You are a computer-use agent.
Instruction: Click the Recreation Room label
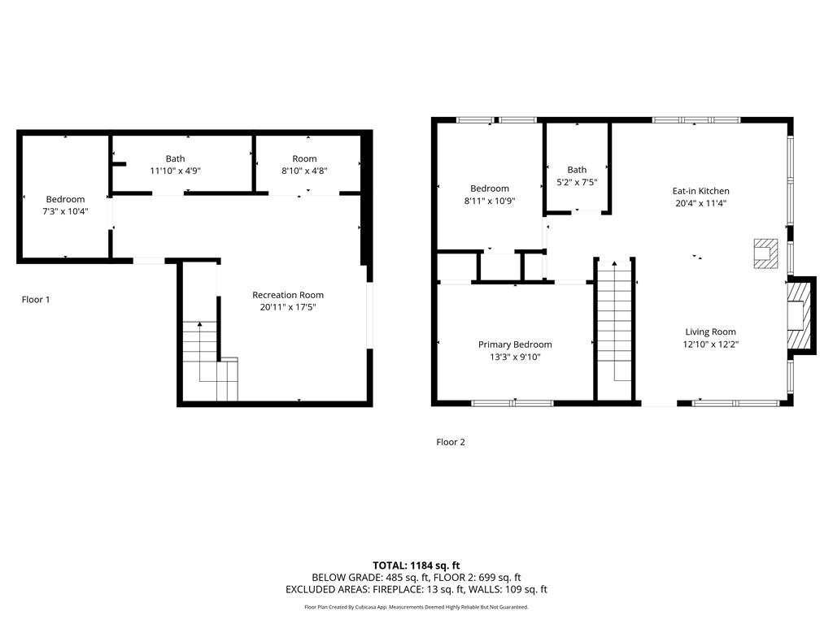(x=288, y=295)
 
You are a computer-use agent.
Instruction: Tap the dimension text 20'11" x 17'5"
(x=288, y=307)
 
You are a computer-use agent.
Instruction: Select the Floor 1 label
(x=36, y=300)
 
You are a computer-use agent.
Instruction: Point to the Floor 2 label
(x=451, y=442)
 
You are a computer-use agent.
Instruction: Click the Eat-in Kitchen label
(x=700, y=191)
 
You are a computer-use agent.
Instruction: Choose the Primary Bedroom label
(x=515, y=344)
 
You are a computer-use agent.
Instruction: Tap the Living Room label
(x=710, y=332)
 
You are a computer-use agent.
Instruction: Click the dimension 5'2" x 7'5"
(x=577, y=183)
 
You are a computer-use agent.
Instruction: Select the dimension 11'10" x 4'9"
(x=176, y=171)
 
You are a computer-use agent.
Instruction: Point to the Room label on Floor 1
(x=304, y=158)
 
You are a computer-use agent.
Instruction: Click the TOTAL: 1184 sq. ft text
(x=416, y=565)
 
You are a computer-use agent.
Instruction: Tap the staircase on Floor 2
(x=615, y=329)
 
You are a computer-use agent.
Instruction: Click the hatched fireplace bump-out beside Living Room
(x=801, y=315)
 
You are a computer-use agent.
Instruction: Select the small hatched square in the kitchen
(x=765, y=253)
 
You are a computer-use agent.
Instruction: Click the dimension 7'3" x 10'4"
(x=65, y=212)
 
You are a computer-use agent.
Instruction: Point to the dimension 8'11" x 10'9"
(x=489, y=201)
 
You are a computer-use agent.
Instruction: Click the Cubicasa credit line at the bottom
(x=416, y=607)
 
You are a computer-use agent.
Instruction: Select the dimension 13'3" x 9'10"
(x=515, y=357)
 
